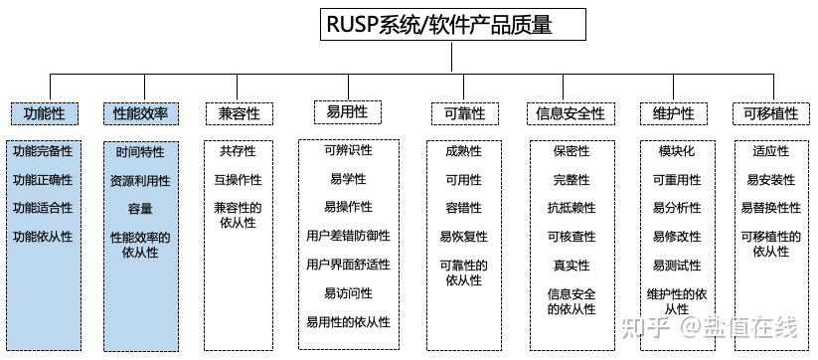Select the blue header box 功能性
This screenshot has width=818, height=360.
point(44,113)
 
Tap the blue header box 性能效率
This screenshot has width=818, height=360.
point(140,113)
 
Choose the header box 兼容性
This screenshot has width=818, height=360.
point(239,113)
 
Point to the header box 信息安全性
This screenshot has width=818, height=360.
point(571,113)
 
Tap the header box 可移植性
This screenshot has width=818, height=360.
point(770,113)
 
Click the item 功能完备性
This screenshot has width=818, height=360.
point(43,152)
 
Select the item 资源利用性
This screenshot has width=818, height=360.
point(140,181)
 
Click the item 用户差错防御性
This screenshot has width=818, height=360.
point(348,236)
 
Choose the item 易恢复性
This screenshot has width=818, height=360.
point(463,237)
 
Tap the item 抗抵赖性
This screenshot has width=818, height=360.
point(572,208)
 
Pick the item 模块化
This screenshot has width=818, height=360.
point(677,151)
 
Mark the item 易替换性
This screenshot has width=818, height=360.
point(770,208)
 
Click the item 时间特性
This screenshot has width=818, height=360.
point(140,152)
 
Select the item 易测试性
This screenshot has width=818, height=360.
point(677,266)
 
